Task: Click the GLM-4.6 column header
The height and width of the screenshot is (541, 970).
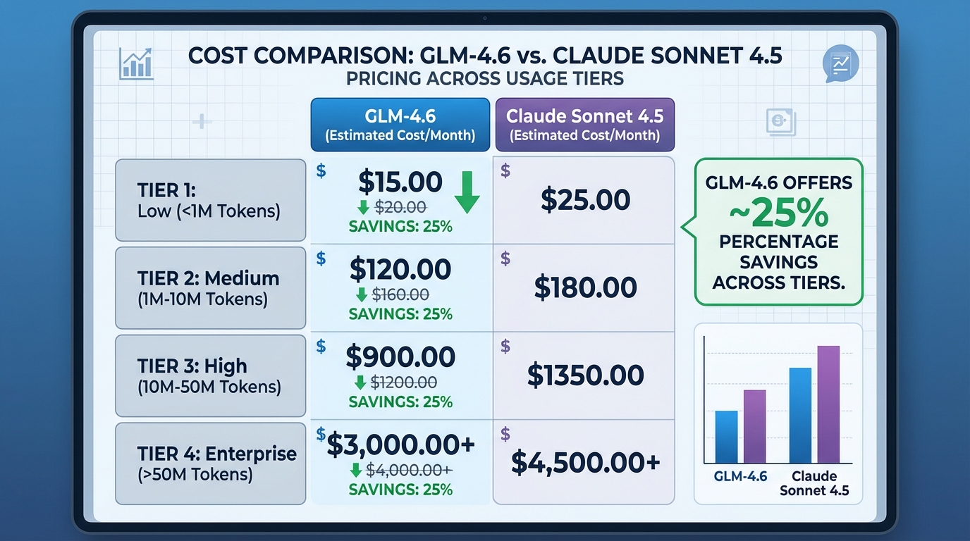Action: pyautogui.click(x=400, y=125)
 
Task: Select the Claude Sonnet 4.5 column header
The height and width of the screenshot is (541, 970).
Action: pyautogui.click(x=584, y=125)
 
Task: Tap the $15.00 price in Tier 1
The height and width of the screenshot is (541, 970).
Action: pyautogui.click(x=400, y=182)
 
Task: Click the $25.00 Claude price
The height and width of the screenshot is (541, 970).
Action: pyautogui.click(x=585, y=200)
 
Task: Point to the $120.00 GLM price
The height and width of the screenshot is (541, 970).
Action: pyautogui.click(x=400, y=270)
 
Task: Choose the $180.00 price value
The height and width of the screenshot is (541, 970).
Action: pyautogui.click(x=585, y=287)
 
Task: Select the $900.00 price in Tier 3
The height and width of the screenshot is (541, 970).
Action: pyautogui.click(x=400, y=357)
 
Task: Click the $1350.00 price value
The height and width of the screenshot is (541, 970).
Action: pyautogui.click(x=585, y=375)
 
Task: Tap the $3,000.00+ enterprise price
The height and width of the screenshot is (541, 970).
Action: pyautogui.click(x=400, y=444)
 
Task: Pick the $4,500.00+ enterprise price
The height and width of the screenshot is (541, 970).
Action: pyautogui.click(x=585, y=462)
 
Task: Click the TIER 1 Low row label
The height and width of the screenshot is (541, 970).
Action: pyautogui.click(x=210, y=200)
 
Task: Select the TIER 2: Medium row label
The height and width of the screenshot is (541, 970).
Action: pyautogui.click(x=210, y=287)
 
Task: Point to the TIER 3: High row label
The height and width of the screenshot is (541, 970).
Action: pyautogui.click(x=210, y=375)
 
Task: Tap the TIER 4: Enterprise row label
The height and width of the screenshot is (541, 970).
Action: pyautogui.click(x=210, y=463)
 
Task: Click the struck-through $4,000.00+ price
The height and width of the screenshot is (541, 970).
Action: pyautogui.click(x=412, y=470)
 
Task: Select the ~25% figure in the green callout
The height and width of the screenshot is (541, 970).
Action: pyautogui.click(x=779, y=212)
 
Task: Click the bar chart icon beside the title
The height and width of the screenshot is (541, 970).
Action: pyautogui.click(x=137, y=63)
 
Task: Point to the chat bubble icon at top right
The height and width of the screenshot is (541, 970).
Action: pyautogui.click(x=840, y=63)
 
